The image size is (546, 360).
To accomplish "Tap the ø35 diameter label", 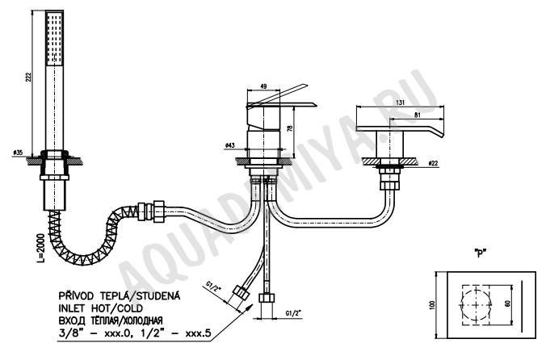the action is click(x=18, y=153).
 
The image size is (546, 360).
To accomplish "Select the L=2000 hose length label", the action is click(x=41, y=248).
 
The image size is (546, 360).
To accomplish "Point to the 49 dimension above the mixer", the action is click(x=263, y=86).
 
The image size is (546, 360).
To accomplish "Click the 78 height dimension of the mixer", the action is click(x=290, y=128).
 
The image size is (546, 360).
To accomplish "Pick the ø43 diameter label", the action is click(x=230, y=145).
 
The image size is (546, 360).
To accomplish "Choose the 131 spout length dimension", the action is click(x=401, y=103).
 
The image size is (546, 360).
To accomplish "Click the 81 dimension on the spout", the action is click(x=417, y=115).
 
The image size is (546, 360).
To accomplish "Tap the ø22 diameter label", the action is click(x=433, y=163).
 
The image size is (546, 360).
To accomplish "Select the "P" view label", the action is click(x=481, y=253).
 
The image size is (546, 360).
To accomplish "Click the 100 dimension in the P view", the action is click(x=433, y=305).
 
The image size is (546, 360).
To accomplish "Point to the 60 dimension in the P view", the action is click(x=508, y=303).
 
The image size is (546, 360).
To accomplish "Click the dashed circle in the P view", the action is click(x=476, y=304).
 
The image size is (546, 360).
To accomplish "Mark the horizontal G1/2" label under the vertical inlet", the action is click(x=293, y=313).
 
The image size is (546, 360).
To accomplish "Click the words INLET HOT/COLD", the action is click(x=101, y=308).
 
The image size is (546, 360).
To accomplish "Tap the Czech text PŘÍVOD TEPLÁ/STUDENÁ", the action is click(x=120, y=295).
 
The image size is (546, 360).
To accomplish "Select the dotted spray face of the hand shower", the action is click(x=55, y=38).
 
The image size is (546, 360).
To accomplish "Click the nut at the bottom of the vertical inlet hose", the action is click(x=267, y=299).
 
